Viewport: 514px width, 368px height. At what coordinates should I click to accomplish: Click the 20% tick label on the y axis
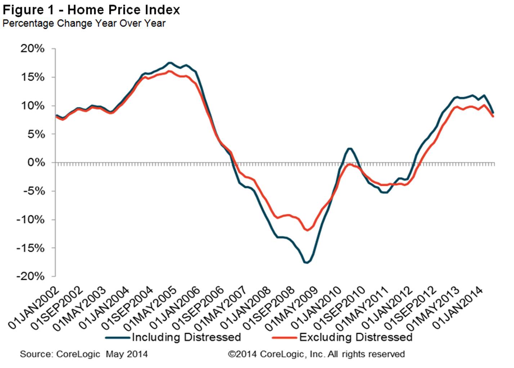click(x=32, y=49)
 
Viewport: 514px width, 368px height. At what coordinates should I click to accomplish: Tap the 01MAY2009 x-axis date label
click(x=292, y=309)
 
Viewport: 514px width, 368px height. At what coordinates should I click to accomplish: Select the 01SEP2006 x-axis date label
click(x=198, y=309)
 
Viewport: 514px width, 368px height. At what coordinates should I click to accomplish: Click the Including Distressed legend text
click(x=186, y=337)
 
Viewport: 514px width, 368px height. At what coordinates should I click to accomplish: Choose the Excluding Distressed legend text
click(x=356, y=337)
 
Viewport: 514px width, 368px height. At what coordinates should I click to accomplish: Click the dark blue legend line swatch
click(x=118, y=338)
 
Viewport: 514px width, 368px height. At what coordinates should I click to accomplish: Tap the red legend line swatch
click(x=285, y=338)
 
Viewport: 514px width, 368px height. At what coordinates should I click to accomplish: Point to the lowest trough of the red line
click(x=307, y=230)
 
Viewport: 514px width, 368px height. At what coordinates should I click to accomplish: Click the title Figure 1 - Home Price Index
click(x=91, y=10)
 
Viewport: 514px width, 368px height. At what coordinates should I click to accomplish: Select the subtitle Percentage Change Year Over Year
click(x=84, y=23)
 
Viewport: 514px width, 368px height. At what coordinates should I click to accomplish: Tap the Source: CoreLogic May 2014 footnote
click(x=84, y=354)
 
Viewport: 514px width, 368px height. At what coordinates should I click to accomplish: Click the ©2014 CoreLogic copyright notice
click(x=316, y=354)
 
